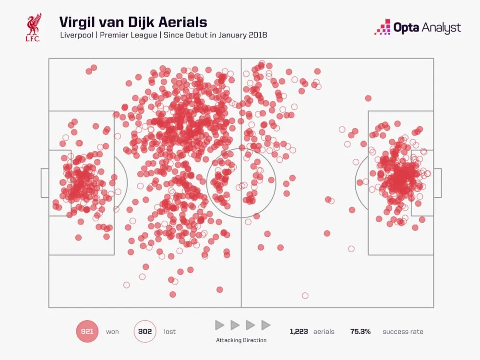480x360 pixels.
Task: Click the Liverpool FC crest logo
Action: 34,26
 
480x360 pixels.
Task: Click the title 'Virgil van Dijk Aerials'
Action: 133,22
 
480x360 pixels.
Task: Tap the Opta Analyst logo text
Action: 417,27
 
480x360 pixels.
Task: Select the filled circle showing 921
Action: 87,331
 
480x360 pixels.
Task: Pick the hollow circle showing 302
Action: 144,331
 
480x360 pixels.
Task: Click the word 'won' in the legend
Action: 112,332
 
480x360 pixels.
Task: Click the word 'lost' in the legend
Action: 169,332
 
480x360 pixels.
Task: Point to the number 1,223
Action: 299,332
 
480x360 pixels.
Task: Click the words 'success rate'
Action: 403,332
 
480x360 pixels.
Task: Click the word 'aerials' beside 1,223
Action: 324,332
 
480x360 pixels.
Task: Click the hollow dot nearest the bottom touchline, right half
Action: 305,296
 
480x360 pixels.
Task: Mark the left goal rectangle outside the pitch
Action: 45,183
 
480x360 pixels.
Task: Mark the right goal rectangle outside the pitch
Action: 437,183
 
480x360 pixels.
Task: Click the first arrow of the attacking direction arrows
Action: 219,325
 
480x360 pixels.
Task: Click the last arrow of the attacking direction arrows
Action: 265,325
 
